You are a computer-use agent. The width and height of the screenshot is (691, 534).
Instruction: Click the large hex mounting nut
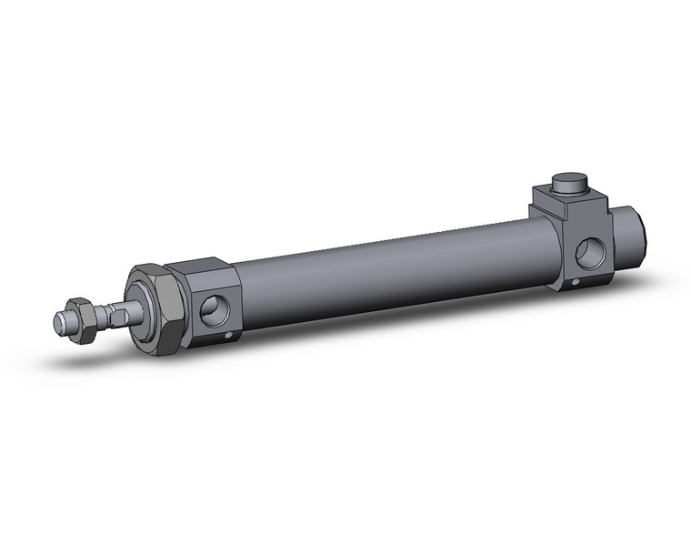pos(153,309)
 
